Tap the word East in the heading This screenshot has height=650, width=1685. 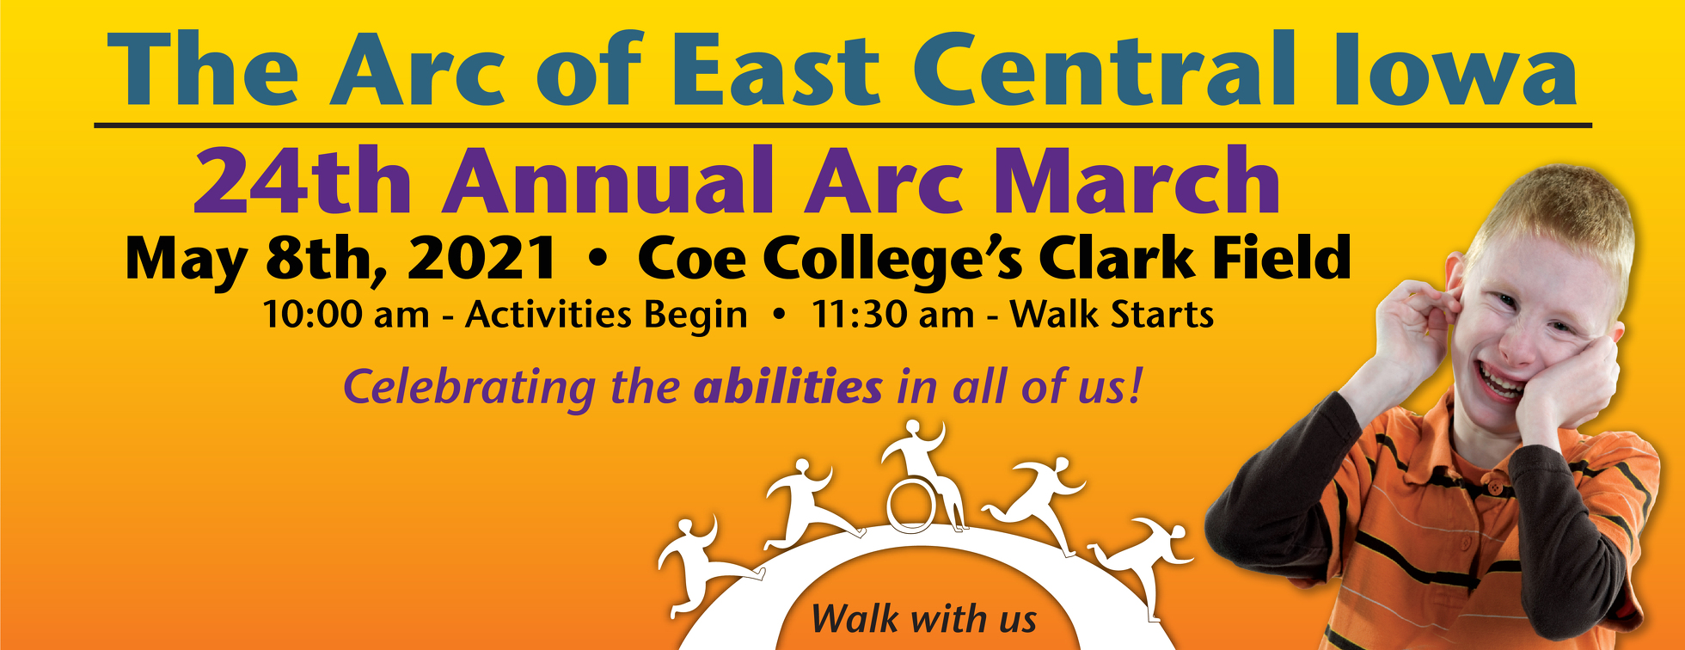point(774,71)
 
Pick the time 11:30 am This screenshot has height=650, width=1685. point(892,315)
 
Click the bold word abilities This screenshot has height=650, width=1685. point(787,387)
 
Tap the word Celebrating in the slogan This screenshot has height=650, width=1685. point(469,387)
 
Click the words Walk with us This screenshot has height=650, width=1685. point(923,619)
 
